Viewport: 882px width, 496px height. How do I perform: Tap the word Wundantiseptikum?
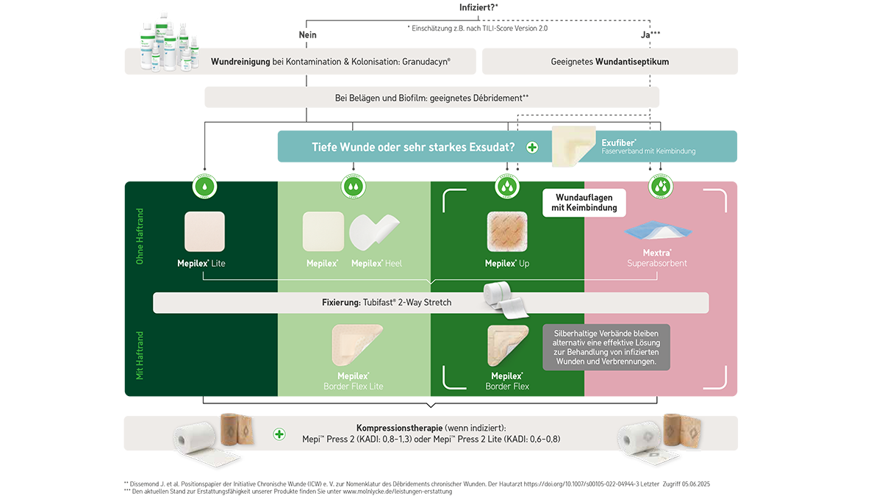point(632,62)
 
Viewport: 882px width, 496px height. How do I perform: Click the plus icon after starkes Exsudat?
point(532,148)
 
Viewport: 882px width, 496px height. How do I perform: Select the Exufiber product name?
point(618,142)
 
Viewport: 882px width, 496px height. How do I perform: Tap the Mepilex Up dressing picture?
point(507,232)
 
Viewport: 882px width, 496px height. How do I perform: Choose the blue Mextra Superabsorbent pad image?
point(658,230)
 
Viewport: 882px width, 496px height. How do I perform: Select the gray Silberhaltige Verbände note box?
point(606,347)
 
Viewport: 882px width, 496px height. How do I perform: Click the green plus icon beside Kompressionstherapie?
point(279,434)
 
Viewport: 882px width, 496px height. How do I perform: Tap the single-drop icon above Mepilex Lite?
point(204,187)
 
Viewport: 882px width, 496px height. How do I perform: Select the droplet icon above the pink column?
point(657,187)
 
